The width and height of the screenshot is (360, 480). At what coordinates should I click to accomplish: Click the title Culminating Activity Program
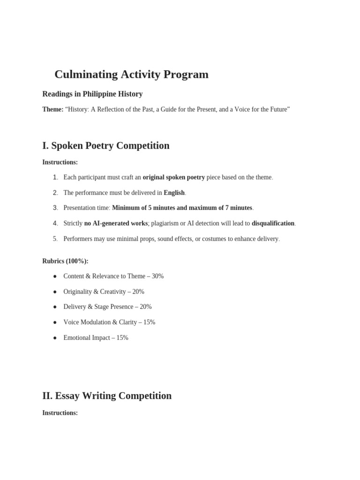(131, 75)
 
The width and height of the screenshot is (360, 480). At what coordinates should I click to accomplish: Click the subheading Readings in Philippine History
(92, 94)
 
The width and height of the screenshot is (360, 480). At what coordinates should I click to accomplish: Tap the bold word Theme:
(52, 109)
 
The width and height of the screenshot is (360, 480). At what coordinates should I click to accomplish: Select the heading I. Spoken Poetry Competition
(105, 146)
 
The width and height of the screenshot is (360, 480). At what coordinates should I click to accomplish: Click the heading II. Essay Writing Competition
(107, 396)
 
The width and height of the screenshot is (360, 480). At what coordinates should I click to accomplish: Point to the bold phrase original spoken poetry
(173, 177)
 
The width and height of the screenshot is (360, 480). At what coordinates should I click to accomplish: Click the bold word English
(174, 193)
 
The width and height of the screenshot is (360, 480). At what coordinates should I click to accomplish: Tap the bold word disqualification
(273, 223)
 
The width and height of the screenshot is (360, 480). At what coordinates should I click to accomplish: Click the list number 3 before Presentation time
(55, 208)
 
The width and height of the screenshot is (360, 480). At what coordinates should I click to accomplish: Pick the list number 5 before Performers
(55, 239)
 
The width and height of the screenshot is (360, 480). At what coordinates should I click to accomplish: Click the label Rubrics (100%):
(65, 261)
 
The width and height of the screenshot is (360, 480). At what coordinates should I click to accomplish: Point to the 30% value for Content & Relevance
(157, 276)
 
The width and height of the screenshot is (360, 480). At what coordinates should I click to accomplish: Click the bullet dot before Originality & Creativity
(54, 292)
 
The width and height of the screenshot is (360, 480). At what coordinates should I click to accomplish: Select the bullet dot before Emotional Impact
(54, 337)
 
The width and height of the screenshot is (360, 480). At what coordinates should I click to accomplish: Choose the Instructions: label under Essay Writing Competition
(60, 413)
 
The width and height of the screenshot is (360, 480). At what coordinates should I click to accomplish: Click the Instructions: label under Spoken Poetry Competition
(60, 162)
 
